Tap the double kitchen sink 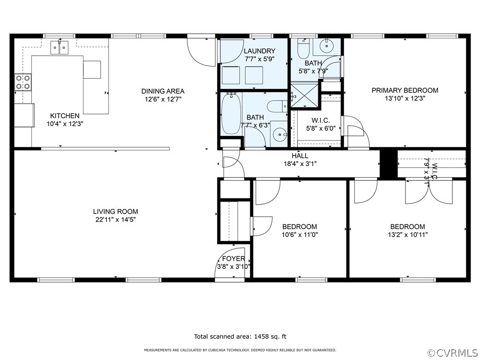pyautogui.click(x=60, y=47)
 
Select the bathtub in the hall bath pyautogui.click(x=231, y=114)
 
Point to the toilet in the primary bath pyautogui.click(x=304, y=49)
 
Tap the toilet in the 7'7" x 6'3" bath pyautogui.click(x=277, y=106)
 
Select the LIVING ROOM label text pyautogui.click(x=116, y=211)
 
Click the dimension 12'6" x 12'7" pyautogui.click(x=163, y=99)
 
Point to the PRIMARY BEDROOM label pyautogui.click(x=405, y=90)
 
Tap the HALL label pyautogui.click(x=300, y=156)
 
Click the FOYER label pyautogui.click(x=233, y=259)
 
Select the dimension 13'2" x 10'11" pyautogui.click(x=407, y=235)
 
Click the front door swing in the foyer pyautogui.click(x=230, y=262)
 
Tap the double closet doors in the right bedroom pyautogui.click(x=429, y=191)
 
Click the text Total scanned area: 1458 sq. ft pyautogui.click(x=240, y=337)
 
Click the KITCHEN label pyautogui.click(x=65, y=116)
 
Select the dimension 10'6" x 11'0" pyautogui.click(x=300, y=235)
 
